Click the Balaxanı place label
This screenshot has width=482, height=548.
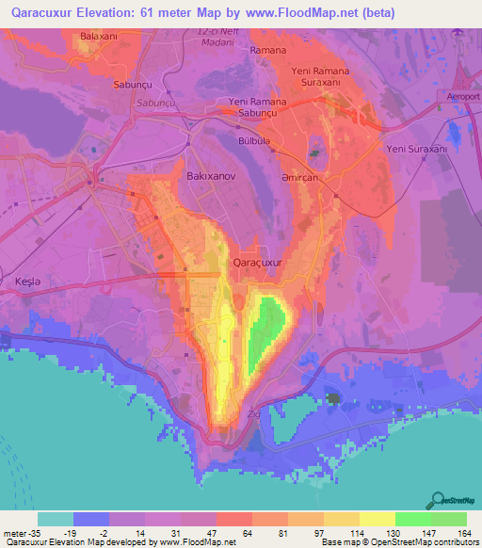coord(98,36)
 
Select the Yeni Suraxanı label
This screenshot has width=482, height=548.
coord(415,149)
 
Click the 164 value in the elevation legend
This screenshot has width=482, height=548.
coord(466,534)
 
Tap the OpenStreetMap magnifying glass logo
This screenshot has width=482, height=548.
coord(437,499)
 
